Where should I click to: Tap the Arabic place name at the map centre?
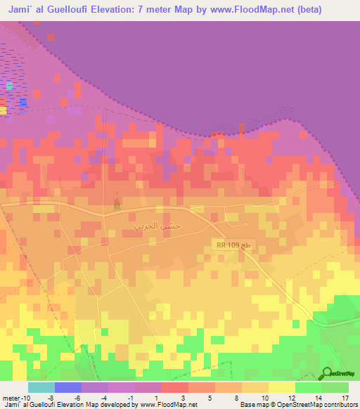pyautogui.click(x=153, y=227)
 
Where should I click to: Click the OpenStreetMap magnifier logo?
pyautogui.click(x=328, y=373)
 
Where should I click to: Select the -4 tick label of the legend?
pyautogui.click(x=105, y=397)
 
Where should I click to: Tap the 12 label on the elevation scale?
pyautogui.click(x=291, y=397)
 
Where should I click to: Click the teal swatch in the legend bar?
pyautogui.click(x=41, y=387)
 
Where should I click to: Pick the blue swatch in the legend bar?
pyautogui.click(x=68, y=387)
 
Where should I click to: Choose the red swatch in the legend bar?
pyautogui.click(x=175, y=387)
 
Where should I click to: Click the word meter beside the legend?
pyautogui.click(x=11, y=397)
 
